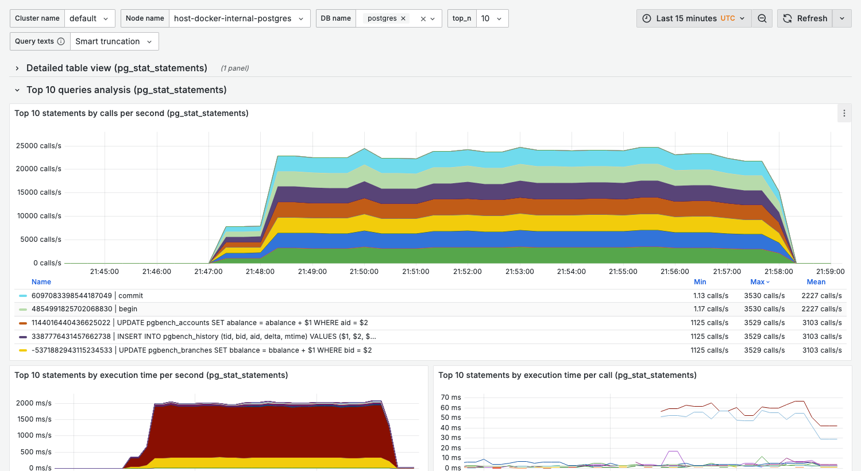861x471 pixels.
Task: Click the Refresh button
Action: pyautogui.click(x=805, y=18)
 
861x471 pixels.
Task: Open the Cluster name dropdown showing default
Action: pyautogui.click(x=90, y=18)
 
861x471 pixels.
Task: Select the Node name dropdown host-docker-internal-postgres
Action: pyautogui.click(x=239, y=18)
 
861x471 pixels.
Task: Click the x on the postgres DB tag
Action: pyautogui.click(x=403, y=18)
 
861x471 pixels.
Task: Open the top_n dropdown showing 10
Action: pyautogui.click(x=492, y=18)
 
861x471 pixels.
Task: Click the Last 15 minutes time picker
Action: pyautogui.click(x=694, y=18)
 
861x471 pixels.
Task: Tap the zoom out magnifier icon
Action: pyautogui.click(x=762, y=18)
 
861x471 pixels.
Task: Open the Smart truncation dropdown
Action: pyautogui.click(x=114, y=41)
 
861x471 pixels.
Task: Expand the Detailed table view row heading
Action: pyautogui.click(x=117, y=68)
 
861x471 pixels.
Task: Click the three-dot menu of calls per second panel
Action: pyautogui.click(x=844, y=113)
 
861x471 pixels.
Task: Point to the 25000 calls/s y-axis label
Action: pyautogui.click(x=38, y=146)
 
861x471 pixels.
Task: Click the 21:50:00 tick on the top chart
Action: pyautogui.click(x=364, y=272)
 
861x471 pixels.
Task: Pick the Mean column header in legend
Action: pyautogui.click(x=816, y=282)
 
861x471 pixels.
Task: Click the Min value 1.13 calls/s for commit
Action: pyautogui.click(x=711, y=296)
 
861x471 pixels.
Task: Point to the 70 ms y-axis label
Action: pyautogui.click(x=451, y=397)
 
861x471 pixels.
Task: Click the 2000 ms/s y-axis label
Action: pyautogui.click(x=34, y=403)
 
